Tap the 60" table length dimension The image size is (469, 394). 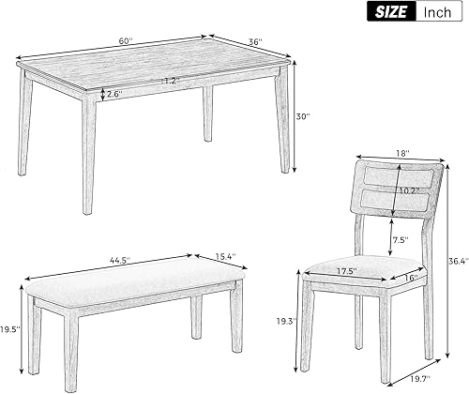point(127,41)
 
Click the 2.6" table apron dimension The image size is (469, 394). point(114,93)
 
